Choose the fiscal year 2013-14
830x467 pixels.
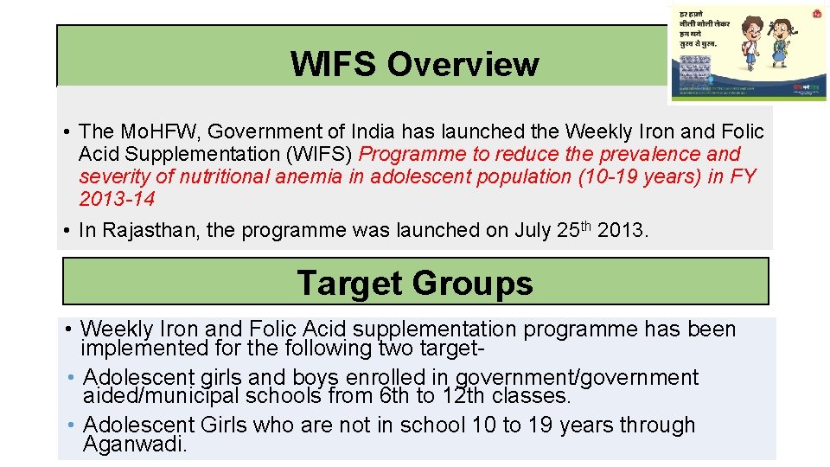[x=117, y=199]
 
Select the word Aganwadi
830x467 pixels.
[x=135, y=445]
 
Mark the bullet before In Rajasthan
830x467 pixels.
[x=67, y=230]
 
